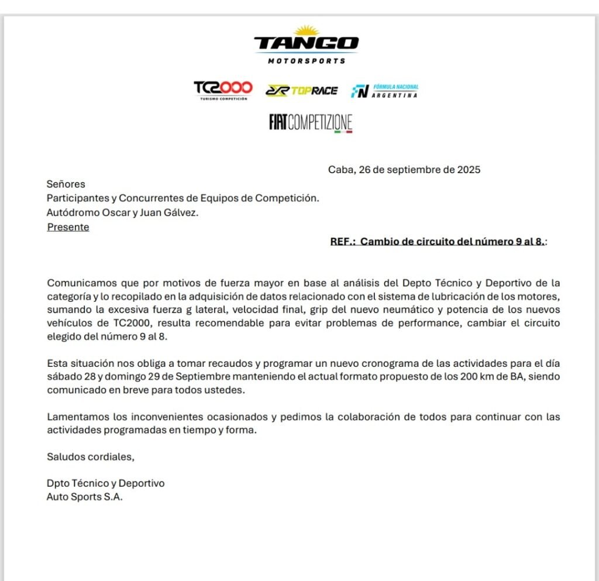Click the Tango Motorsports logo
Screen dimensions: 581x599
tap(306, 45)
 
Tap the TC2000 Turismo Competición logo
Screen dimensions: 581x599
tap(223, 90)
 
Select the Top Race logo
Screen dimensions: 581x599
tap(301, 90)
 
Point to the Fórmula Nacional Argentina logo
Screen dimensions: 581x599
tap(384, 91)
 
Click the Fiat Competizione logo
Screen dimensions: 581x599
tap(311, 122)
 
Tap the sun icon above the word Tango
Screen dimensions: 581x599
tap(306, 30)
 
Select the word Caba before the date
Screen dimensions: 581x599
tap(340, 170)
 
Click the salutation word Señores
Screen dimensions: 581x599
tap(66, 184)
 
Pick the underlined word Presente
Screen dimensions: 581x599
tap(68, 227)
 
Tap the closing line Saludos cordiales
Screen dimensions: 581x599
tap(91, 457)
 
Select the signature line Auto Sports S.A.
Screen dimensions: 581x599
tap(85, 497)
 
